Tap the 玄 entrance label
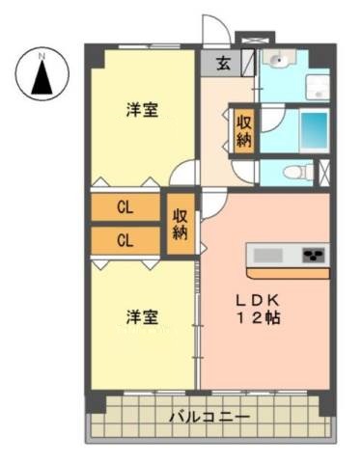point(223,63)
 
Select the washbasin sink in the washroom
point(279,58)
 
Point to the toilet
point(298,172)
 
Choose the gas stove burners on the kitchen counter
point(314,255)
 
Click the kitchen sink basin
point(268,256)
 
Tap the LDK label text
point(257,301)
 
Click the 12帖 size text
point(259,317)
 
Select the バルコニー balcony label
point(209,417)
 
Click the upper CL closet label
point(125,207)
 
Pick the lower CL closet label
point(125,240)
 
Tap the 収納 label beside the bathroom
point(244,131)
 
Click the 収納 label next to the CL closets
point(181,225)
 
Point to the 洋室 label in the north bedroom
point(142,109)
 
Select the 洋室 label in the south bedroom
point(142,317)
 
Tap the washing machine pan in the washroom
point(318,87)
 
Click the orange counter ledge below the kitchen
point(288,273)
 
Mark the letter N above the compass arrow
point(42,56)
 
